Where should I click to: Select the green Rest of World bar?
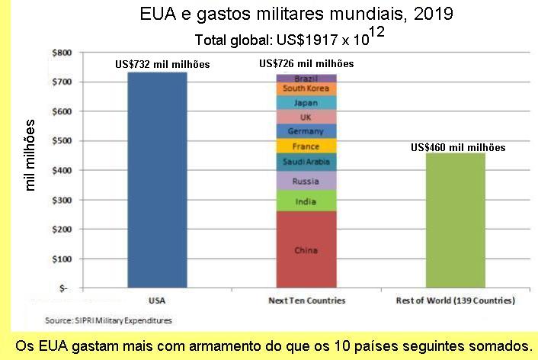coord(456,220)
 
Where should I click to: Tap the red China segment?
coord(306,249)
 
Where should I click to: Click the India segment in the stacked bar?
coord(306,201)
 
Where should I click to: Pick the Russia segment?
coord(306,181)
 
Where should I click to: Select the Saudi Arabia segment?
coord(306,162)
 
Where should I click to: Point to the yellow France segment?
coord(306,146)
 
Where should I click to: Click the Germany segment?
coord(306,131)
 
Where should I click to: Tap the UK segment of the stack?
coord(306,117)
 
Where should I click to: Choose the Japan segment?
coord(306,102)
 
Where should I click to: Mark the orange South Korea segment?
coord(306,88)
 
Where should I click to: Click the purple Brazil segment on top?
coord(306,79)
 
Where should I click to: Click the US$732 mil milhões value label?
coord(162,65)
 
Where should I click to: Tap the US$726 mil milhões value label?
coord(306,63)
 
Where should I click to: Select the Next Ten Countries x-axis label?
coord(306,301)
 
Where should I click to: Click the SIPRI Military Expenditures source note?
coord(107,320)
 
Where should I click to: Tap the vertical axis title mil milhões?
coord(31,154)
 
